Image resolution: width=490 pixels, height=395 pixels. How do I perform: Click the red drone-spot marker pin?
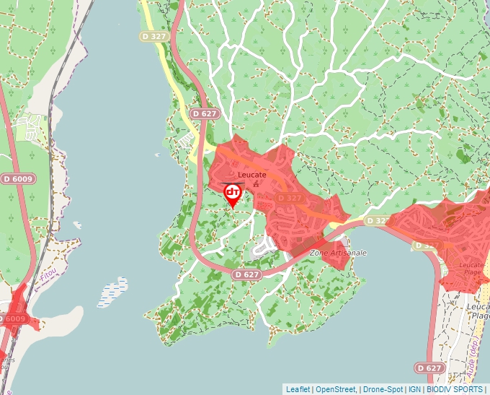coord(233,194)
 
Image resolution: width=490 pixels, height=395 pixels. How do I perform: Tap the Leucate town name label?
coord(252,175)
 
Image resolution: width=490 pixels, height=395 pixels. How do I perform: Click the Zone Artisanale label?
coord(338,253)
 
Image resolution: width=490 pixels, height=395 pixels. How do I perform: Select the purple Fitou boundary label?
coord(48,275)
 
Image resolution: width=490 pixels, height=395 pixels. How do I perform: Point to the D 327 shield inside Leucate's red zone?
coord(289,198)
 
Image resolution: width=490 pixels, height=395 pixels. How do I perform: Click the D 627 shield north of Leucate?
coord(205,113)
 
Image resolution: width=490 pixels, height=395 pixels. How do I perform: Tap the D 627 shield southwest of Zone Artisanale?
coord(246,274)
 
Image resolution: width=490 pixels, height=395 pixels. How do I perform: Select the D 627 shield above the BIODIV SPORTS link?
coord(429,368)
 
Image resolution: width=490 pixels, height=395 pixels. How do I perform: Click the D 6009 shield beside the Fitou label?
coord(12,318)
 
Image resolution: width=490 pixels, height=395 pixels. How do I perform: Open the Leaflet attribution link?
coord(298,389)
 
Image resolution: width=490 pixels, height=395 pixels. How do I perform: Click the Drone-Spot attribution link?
coord(383,389)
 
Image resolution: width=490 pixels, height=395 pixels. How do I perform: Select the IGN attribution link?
coord(415,389)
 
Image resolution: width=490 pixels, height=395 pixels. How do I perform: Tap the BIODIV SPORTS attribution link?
coord(455,389)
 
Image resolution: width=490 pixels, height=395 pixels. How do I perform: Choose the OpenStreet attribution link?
coord(335,389)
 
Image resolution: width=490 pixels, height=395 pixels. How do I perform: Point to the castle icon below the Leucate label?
coord(256,184)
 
